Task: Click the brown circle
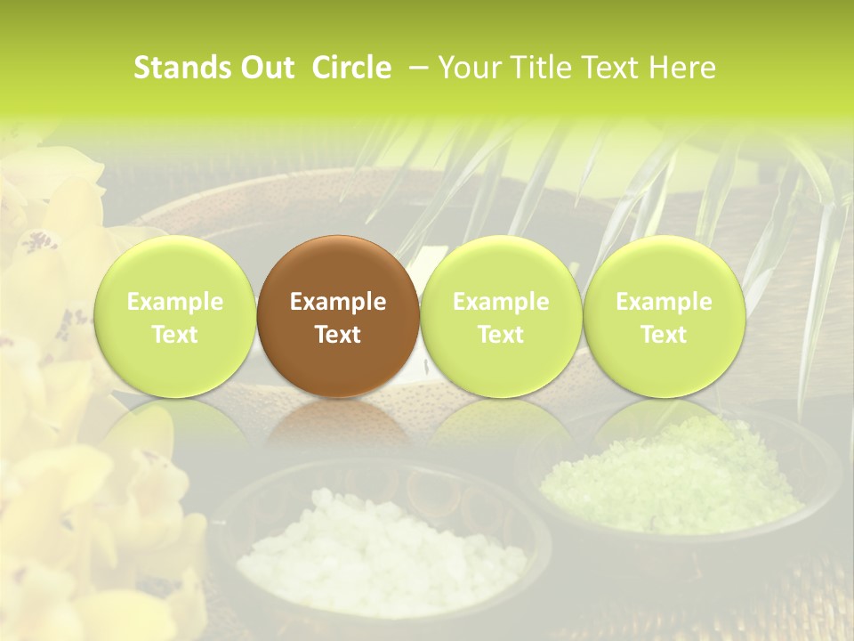pos(337,316)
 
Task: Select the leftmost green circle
pos(174,316)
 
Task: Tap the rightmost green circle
pos(664,316)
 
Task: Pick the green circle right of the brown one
pos(501,316)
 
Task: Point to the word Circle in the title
pos(351,68)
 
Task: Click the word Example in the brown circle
pos(337,303)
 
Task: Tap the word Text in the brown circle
pos(337,335)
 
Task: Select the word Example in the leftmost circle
pos(174,303)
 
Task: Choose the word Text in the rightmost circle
pos(664,335)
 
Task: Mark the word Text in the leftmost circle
pos(174,335)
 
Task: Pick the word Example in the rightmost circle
pos(664,303)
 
